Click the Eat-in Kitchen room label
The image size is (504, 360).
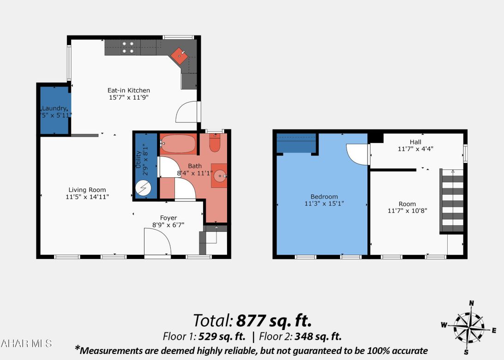tap(129, 90)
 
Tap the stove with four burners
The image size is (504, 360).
tap(128, 48)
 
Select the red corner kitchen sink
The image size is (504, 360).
tap(180, 56)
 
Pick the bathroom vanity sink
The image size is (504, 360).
tap(220, 175)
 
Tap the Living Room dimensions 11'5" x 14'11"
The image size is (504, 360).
tap(87, 197)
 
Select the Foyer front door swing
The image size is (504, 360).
tap(156, 242)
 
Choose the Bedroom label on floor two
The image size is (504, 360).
tap(324, 197)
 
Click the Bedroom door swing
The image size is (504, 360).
tap(357, 154)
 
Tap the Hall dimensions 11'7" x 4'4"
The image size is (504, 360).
tap(415, 149)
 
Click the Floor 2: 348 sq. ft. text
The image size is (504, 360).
tap(300, 336)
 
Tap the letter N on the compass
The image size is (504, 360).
tap(471, 303)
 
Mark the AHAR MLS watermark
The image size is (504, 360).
tap(26, 343)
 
